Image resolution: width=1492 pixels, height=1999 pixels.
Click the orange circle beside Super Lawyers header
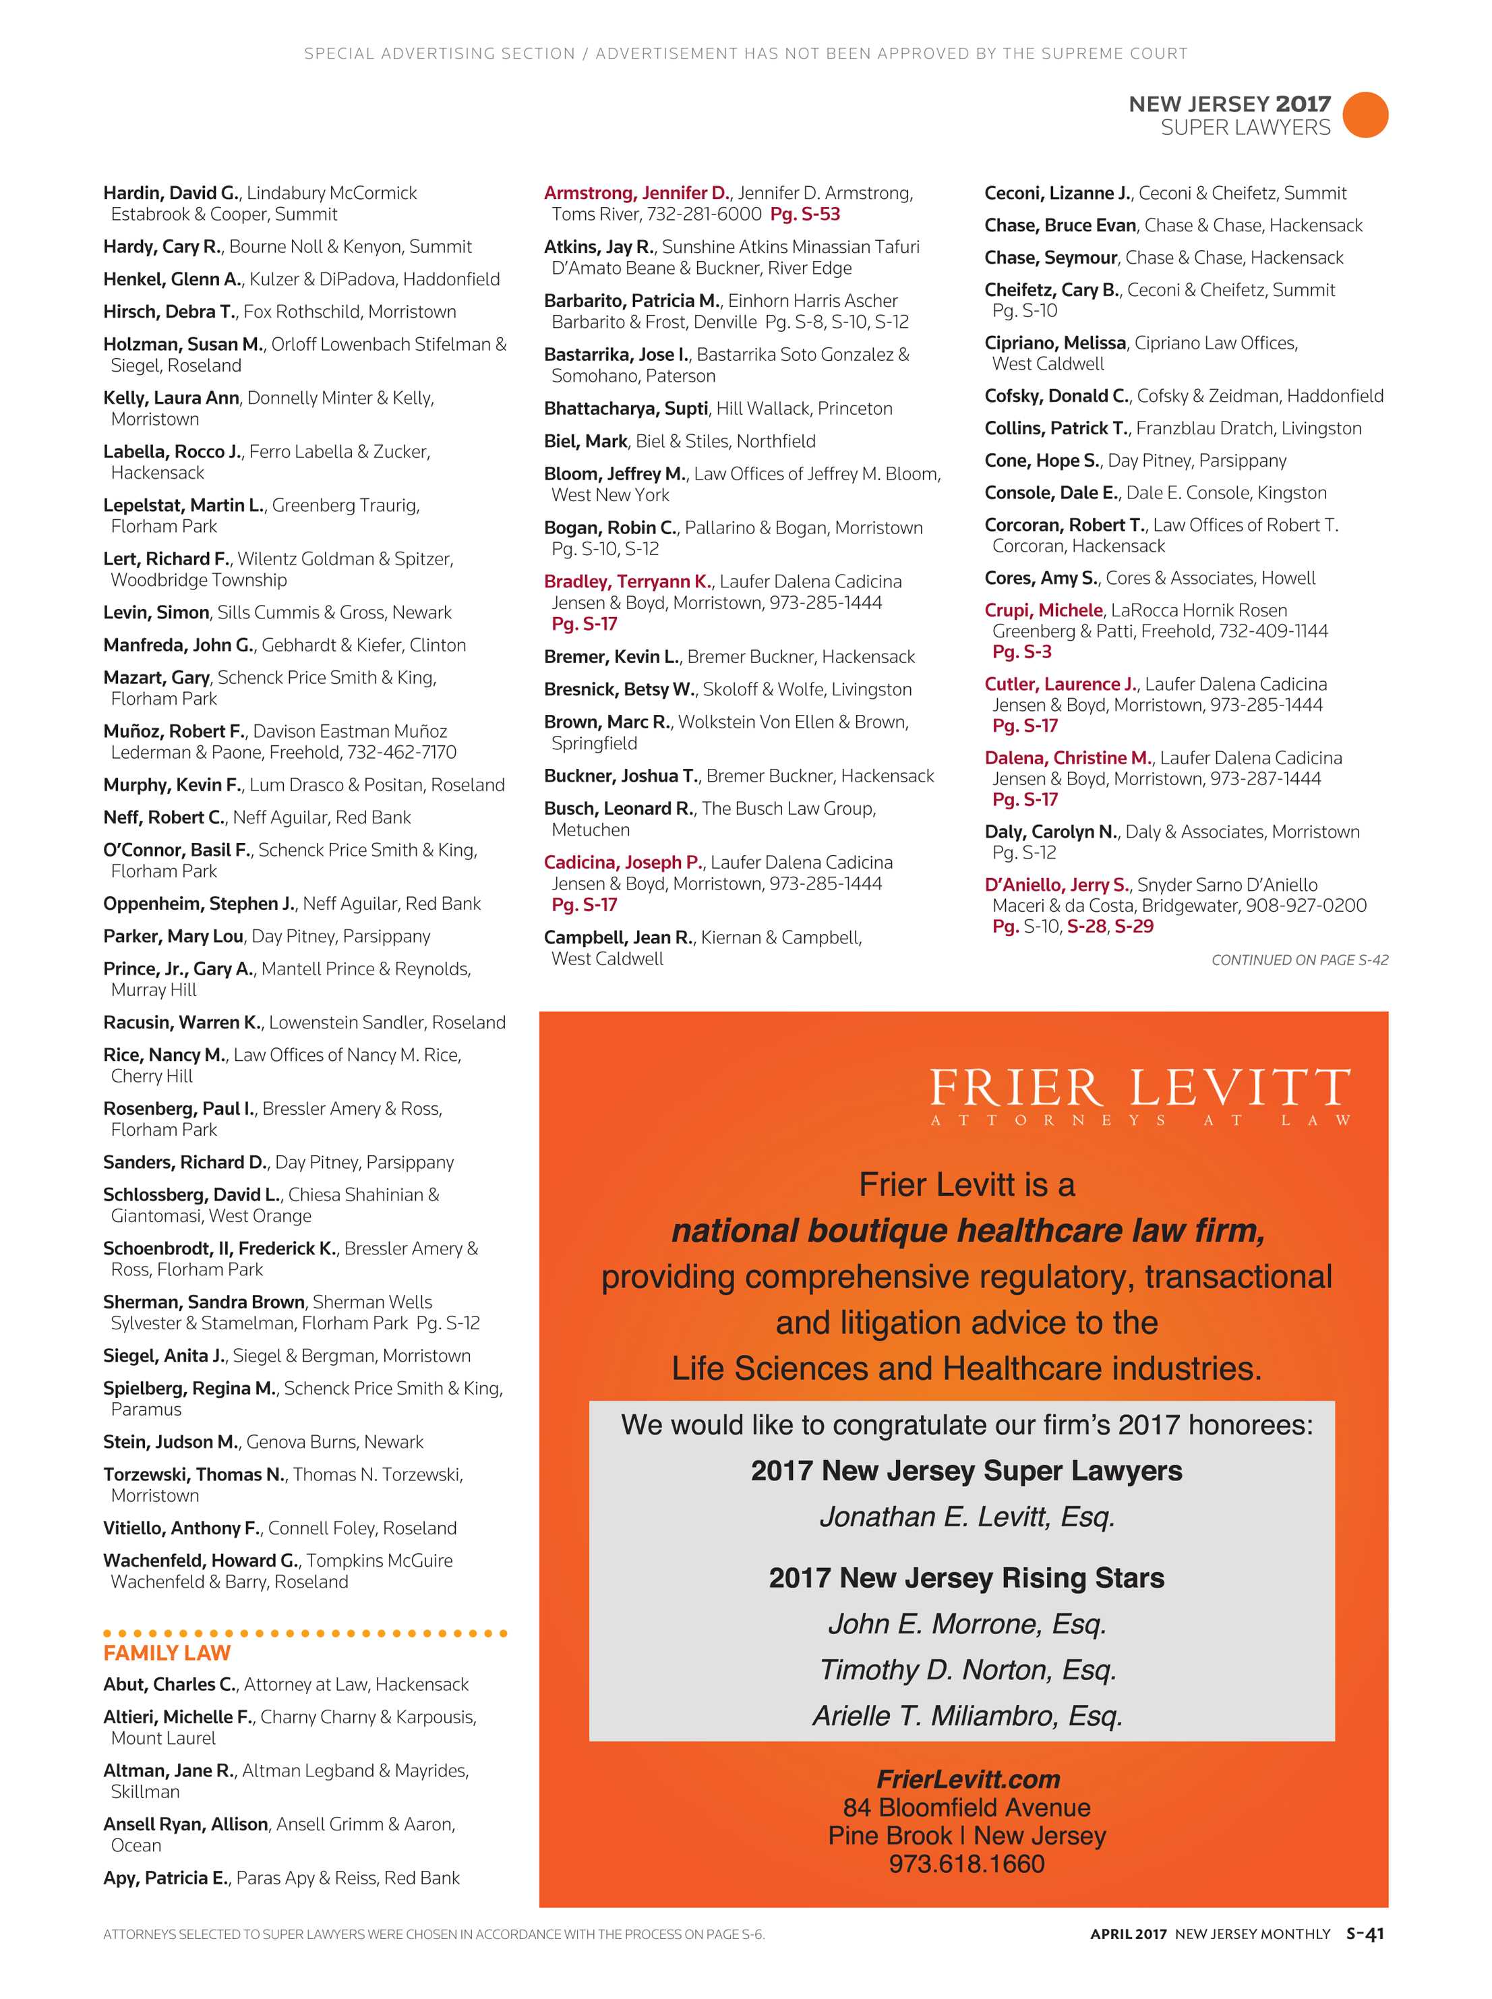click(x=1365, y=115)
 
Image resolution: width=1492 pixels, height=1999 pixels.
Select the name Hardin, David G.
click(x=171, y=192)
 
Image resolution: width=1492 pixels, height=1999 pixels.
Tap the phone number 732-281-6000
click(x=705, y=214)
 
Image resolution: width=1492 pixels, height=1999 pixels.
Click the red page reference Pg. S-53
click(x=805, y=214)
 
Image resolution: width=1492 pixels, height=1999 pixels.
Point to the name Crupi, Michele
click(x=1043, y=610)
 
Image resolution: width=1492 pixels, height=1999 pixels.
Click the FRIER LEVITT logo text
click(x=1140, y=1088)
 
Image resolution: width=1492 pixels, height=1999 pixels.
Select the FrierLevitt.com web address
click(x=967, y=1778)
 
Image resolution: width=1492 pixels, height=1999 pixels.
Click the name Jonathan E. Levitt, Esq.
click(x=967, y=1515)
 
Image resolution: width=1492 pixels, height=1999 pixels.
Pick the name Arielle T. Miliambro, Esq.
click(x=967, y=1715)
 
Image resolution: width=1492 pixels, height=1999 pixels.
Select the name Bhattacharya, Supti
click(x=626, y=408)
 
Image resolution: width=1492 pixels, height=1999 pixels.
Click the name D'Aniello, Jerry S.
click(x=1056, y=884)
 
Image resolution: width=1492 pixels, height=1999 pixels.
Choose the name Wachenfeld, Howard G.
click(x=200, y=1560)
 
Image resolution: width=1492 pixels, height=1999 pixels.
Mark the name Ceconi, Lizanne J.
click(x=1056, y=192)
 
